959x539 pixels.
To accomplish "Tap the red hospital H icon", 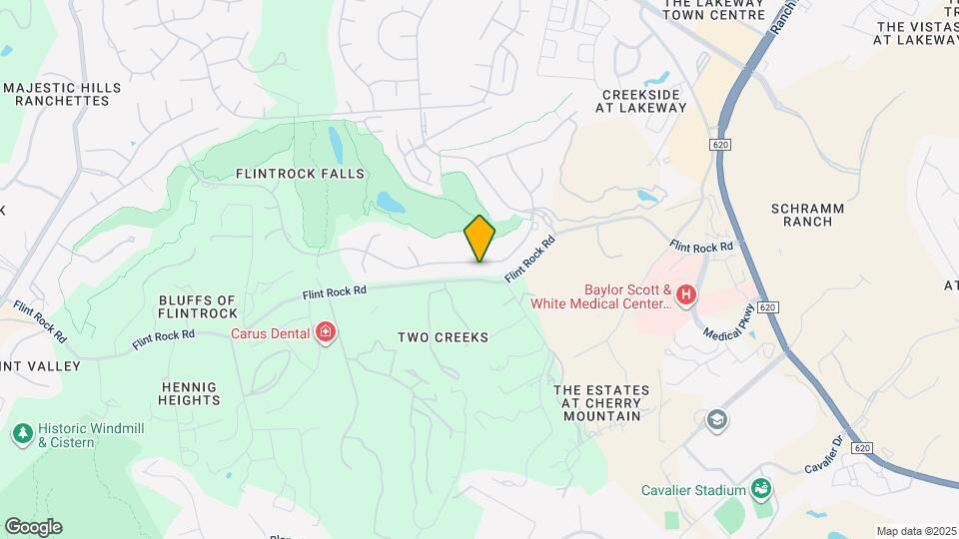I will [x=686, y=294].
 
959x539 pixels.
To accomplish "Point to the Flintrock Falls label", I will [x=300, y=174].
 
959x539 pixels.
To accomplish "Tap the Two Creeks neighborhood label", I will [x=443, y=337].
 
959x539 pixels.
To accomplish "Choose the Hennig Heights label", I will [x=189, y=393].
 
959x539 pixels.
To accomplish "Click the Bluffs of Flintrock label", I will [x=197, y=307].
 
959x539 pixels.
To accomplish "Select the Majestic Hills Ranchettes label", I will [x=62, y=95].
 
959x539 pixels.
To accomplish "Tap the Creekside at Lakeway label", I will [x=644, y=101].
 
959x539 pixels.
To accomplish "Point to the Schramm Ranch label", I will [x=808, y=215].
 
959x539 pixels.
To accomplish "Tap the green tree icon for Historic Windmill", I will [x=22, y=433].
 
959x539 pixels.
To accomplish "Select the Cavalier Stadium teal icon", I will [x=762, y=489].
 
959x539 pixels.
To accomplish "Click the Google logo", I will [x=33, y=527].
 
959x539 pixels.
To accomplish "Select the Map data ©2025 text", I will [x=915, y=531].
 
